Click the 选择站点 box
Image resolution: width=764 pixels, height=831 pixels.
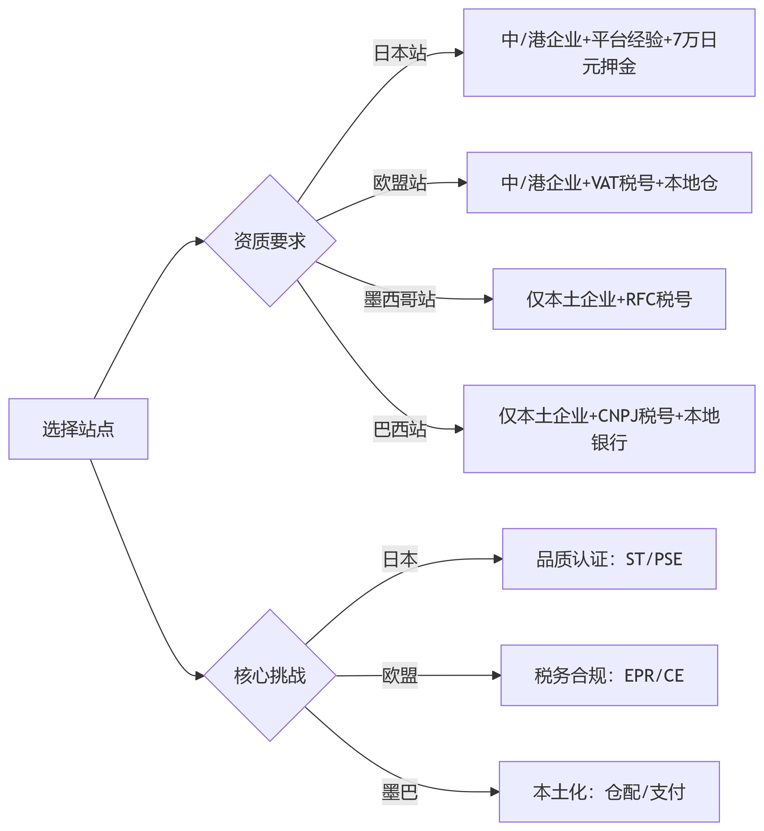coord(78,429)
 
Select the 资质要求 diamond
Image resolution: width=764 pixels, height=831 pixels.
coord(270,240)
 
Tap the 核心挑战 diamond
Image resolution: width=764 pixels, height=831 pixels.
coord(270,676)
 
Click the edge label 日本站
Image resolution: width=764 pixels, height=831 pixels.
coord(400,53)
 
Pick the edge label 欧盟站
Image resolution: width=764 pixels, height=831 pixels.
coord(400,182)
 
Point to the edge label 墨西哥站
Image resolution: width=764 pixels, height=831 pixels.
coord(400,299)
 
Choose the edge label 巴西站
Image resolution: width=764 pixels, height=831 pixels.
coord(400,429)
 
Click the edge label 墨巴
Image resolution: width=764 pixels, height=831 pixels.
coord(400,792)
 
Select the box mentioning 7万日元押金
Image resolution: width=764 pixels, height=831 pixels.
coord(609,53)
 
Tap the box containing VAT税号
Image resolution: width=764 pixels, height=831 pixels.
coord(609,182)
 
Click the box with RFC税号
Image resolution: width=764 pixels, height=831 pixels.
coord(609,299)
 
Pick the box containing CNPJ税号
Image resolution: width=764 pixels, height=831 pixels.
coord(609,429)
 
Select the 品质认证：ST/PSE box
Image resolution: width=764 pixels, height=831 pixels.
coord(609,559)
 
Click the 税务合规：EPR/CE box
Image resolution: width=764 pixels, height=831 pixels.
coord(609,675)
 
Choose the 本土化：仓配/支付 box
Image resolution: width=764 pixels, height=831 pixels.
coord(609,792)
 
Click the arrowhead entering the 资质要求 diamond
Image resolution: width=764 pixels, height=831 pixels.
coord(200,241)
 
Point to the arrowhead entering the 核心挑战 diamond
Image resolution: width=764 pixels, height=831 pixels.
coord(200,676)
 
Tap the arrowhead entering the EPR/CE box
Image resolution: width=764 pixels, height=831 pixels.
coord(497,675)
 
